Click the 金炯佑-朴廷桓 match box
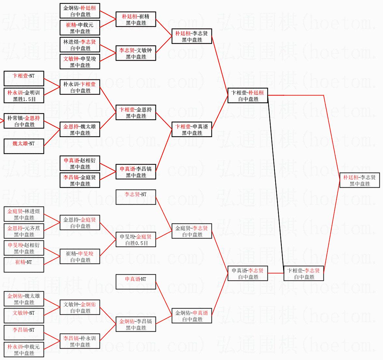click(x=80, y=11)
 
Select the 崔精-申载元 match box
click(x=80, y=28)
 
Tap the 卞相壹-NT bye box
click(x=24, y=79)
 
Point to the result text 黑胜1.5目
click(x=24, y=99)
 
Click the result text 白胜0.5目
click(x=136, y=243)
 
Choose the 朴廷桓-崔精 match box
click(x=136, y=20)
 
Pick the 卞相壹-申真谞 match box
click(x=192, y=130)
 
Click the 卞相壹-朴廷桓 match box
click(x=248, y=96)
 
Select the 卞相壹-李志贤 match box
click(x=304, y=274)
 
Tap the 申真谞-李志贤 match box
click(x=248, y=274)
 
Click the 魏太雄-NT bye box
click(x=24, y=147)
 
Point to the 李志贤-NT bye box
click(x=136, y=197)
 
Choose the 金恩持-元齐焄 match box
click(x=24, y=231)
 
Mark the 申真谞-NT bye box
click(x=136, y=282)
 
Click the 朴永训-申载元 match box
click(x=24, y=350)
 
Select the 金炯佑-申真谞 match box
click(x=192, y=316)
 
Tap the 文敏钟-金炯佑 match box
click(x=80, y=308)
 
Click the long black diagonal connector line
click(x=276, y=182)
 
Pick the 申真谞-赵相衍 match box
click(x=80, y=164)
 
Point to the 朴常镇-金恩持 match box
click(x=24, y=121)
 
